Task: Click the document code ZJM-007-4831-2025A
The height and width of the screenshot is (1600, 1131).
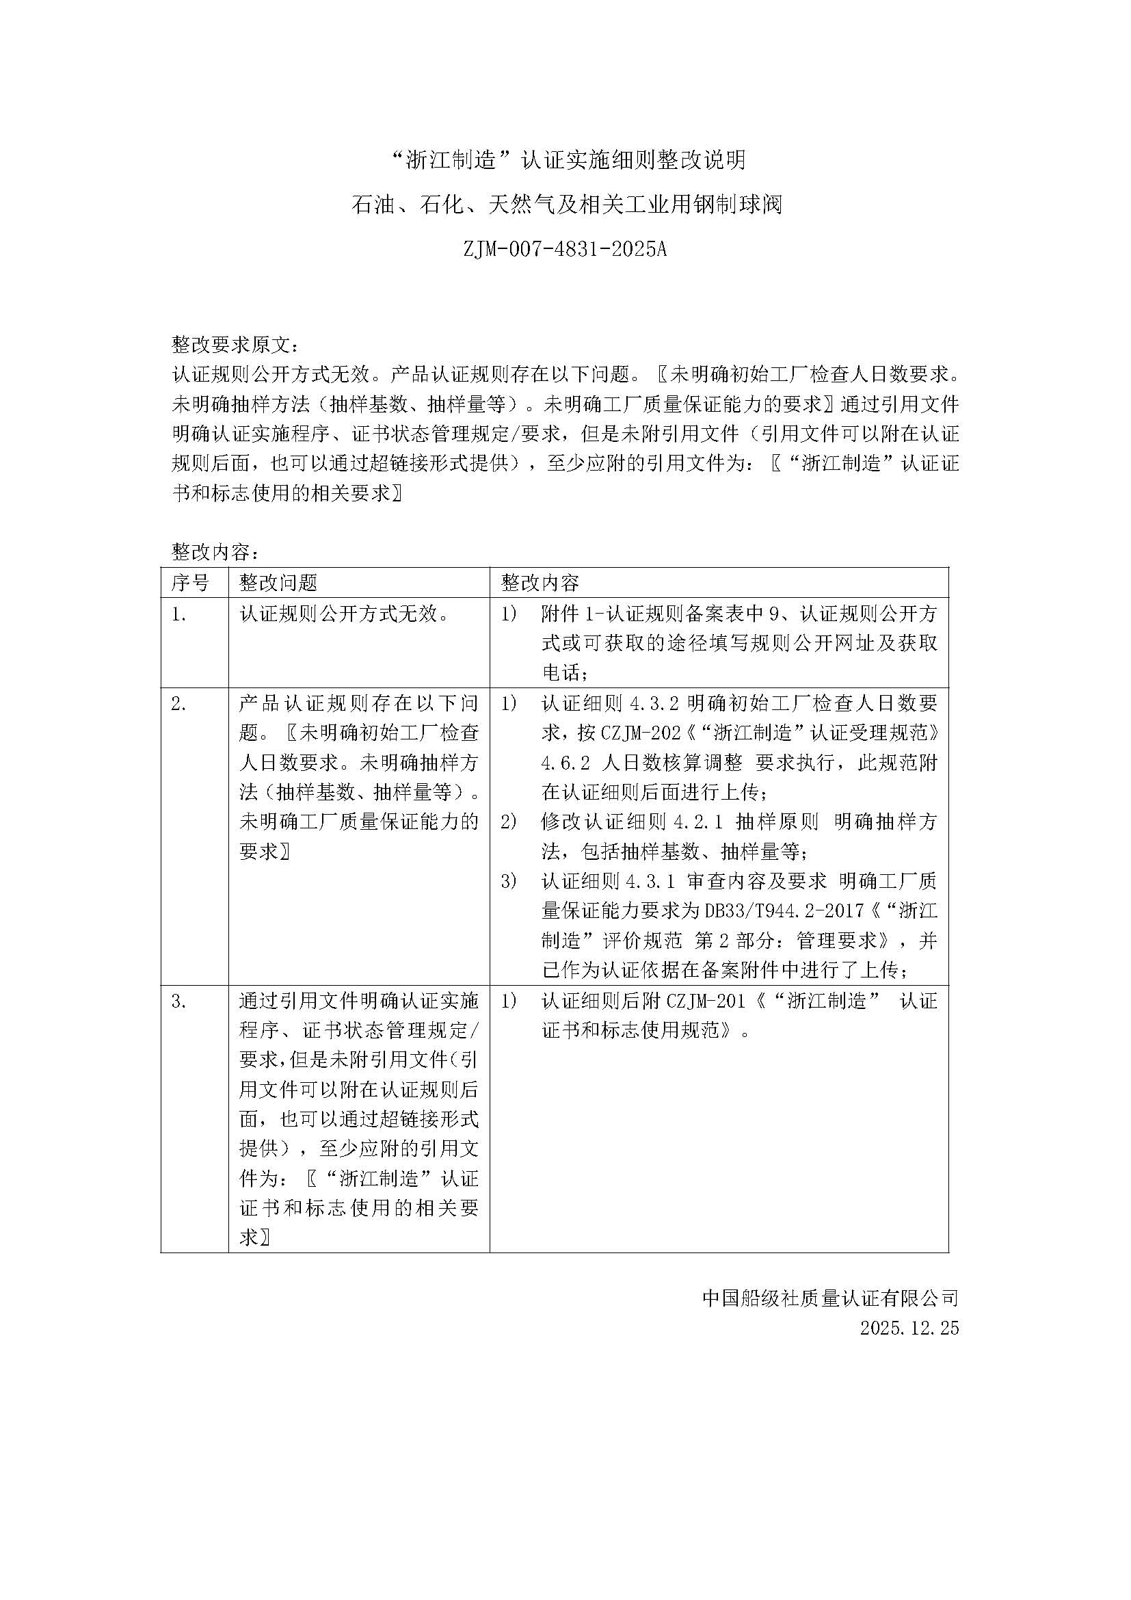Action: click(565, 249)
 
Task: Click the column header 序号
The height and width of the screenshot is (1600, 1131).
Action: click(189, 583)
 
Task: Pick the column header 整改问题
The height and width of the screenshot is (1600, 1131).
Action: click(278, 583)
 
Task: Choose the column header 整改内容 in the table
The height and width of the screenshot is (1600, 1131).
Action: click(540, 583)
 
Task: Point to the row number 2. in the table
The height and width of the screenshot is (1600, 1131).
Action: click(179, 705)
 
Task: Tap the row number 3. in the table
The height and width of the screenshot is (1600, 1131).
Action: click(179, 1001)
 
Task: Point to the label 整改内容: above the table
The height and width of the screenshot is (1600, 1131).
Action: click(216, 553)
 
